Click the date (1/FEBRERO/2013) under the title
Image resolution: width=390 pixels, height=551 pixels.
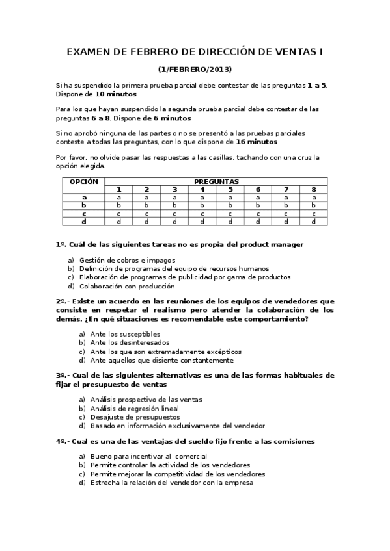[195, 69]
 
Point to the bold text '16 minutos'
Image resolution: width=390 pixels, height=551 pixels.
[256, 141]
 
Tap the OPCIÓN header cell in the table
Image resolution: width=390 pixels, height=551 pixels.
[83, 181]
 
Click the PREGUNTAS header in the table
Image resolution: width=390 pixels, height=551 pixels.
[216, 181]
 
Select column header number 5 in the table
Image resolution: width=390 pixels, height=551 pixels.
[230, 189]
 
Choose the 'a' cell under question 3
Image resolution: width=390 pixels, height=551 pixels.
[174, 197]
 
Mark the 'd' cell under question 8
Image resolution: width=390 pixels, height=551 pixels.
[314, 221]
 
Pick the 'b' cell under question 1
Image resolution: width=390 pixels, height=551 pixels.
[118, 205]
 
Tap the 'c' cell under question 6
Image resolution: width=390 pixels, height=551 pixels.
[258, 213]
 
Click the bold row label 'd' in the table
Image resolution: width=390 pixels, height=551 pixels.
[83, 221]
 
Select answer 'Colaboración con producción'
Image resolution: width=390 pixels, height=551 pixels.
[127, 286]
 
